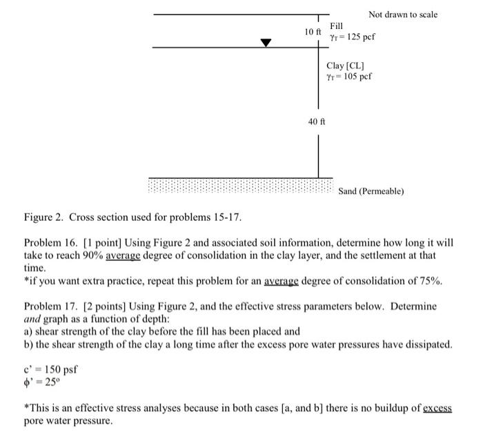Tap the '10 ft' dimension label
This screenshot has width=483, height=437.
pyautogui.click(x=313, y=32)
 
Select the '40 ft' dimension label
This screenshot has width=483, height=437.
pyautogui.click(x=317, y=122)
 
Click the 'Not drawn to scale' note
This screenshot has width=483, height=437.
pyautogui.click(x=402, y=14)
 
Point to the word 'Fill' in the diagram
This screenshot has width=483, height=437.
pyautogui.click(x=337, y=26)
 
